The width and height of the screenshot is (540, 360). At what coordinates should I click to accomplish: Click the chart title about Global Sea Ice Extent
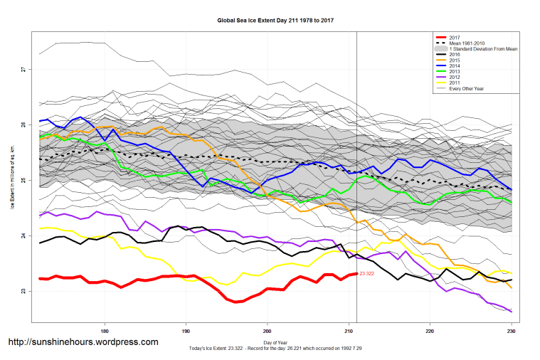pos(275,21)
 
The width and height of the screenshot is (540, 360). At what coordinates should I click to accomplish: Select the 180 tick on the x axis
pos(105,331)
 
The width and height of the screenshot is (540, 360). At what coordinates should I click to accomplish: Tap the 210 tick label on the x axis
pos(349,331)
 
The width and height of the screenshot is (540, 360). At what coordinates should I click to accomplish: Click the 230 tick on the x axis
pos(511,331)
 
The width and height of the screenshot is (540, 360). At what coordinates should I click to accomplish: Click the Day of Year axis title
pos(275,342)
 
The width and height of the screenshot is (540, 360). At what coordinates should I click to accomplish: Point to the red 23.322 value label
pos(367,274)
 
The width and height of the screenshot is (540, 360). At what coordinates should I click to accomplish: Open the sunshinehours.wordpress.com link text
pos(83,342)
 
